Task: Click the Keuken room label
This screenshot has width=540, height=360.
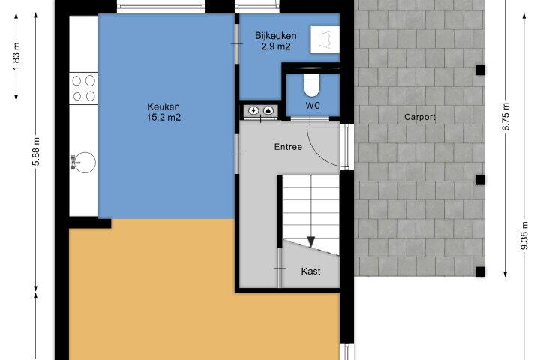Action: coord(163,106)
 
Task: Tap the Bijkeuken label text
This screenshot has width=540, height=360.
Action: coord(275,36)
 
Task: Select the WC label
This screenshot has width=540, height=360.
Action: coord(313,106)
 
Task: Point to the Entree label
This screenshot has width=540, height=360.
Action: coord(288,147)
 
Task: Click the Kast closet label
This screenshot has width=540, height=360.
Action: coord(310,271)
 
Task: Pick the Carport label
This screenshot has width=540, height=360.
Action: coord(420,118)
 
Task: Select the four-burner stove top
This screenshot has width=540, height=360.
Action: coord(83,88)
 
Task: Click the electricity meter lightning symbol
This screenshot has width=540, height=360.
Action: coord(253,110)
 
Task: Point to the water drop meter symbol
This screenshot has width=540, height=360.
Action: coord(268,110)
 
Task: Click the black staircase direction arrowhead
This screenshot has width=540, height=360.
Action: coord(311,241)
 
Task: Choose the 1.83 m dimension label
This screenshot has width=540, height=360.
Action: coord(16,56)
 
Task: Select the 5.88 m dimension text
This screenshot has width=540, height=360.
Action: coord(36,151)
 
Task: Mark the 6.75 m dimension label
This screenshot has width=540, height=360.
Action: coord(505,117)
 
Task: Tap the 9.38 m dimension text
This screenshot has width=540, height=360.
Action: coord(524,236)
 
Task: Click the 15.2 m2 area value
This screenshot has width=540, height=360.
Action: coord(163,118)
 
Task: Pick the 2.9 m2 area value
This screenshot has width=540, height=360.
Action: coord(276,46)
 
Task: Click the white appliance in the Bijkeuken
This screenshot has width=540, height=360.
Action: coord(325,40)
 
